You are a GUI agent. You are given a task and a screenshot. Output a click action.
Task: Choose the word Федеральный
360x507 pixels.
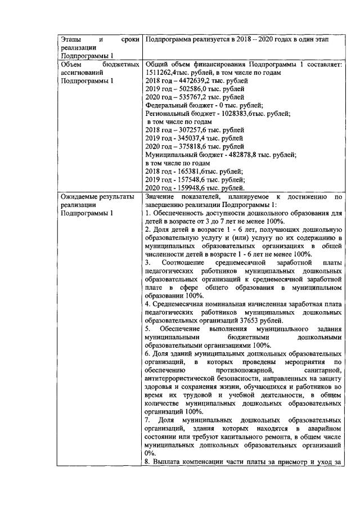coord(166,105)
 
